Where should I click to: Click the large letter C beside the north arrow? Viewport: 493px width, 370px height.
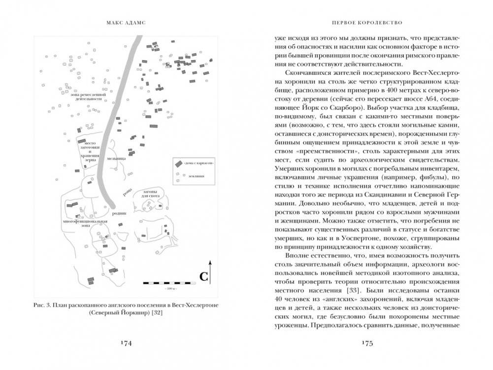[x=203, y=277]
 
